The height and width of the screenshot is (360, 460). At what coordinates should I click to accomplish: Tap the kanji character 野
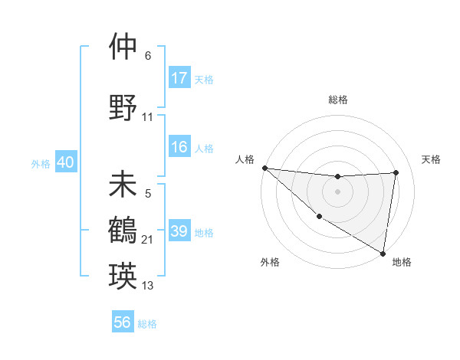point(123,106)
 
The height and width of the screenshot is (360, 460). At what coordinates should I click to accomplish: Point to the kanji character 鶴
point(123,231)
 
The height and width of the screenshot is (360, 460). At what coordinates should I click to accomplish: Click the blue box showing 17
point(179,78)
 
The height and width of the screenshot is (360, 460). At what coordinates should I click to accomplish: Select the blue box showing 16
point(179,148)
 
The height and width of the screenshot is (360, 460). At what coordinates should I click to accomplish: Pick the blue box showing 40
point(65,162)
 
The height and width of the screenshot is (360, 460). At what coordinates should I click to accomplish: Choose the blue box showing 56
point(123,323)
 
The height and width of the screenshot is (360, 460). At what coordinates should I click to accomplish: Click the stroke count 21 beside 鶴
point(148,240)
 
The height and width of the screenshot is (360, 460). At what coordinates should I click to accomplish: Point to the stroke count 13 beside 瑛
point(148,286)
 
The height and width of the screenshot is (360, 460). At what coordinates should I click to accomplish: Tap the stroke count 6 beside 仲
point(148,55)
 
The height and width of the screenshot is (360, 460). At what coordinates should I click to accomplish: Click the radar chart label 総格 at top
point(338,100)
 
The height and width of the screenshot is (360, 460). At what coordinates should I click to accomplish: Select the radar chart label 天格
point(431,159)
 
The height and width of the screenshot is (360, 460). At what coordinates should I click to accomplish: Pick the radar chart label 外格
point(270,262)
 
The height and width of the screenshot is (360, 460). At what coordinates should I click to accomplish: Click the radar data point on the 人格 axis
point(264,168)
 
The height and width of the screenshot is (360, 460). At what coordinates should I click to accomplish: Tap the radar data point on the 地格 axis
point(383,253)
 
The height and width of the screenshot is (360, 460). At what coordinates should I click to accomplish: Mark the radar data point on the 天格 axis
point(396,172)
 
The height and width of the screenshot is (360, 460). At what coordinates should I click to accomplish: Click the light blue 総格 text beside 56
point(147,324)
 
